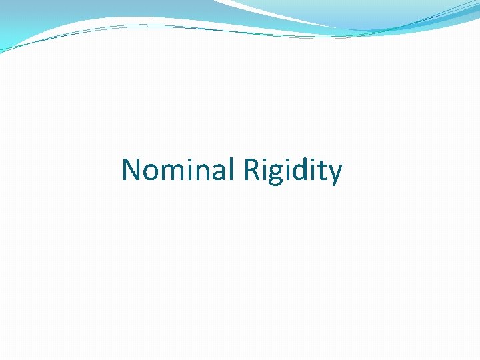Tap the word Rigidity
click(293, 170)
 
